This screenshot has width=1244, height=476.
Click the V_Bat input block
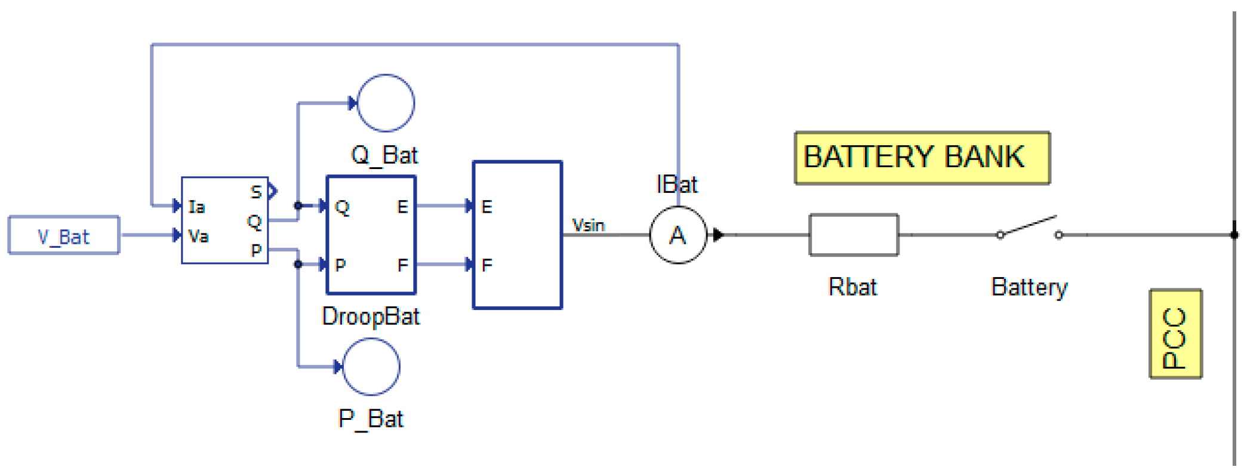(x=64, y=235)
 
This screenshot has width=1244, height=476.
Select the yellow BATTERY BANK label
(x=922, y=158)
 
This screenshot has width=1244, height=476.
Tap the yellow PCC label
(x=1175, y=334)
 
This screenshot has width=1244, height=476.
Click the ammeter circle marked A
(x=678, y=235)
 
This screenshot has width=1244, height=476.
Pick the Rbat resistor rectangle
(x=854, y=235)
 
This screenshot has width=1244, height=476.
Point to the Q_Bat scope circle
(x=386, y=103)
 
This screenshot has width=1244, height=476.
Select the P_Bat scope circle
(x=371, y=367)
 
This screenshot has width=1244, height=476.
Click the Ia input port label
(x=196, y=207)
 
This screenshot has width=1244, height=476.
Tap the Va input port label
(x=198, y=237)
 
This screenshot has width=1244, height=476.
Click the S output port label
(x=256, y=192)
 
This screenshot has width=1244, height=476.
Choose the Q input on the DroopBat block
(x=342, y=207)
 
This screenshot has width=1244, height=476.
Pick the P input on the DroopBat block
(x=340, y=265)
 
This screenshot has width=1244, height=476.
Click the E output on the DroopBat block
(x=402, y=207)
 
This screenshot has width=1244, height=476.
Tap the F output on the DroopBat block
(x=403, y=265)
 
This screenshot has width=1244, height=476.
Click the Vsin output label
(x=588, y=225)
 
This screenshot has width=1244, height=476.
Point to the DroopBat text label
(x=371, y=317)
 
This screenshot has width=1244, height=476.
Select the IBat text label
(x=676, y=185)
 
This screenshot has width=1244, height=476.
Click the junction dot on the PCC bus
(x=1234, y=235)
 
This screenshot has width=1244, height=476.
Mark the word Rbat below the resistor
(x=852, y=287)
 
